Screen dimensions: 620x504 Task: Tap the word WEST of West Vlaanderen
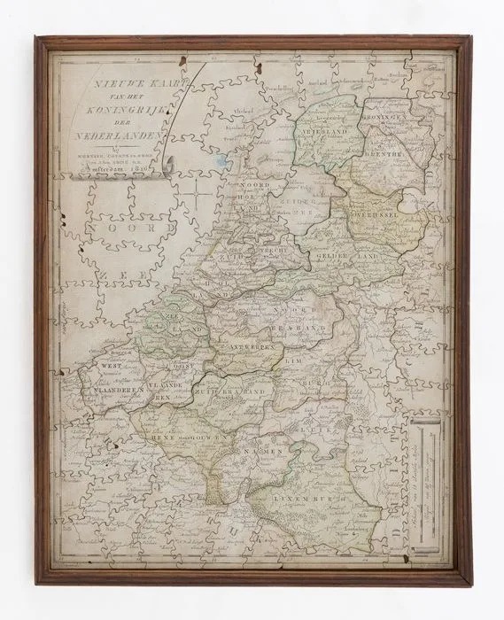tap(99, 364)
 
